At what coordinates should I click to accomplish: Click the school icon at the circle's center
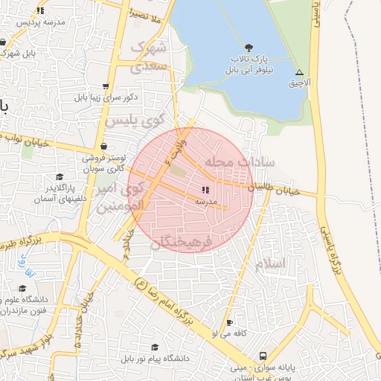[205, 190]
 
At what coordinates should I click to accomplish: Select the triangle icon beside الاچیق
[299, 73]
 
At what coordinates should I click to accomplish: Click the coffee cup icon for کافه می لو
[229, 322]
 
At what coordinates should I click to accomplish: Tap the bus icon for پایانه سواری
[263, 356]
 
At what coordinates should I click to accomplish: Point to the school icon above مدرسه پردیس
[40, 10]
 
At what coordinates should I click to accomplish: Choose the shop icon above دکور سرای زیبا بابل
[106, 86]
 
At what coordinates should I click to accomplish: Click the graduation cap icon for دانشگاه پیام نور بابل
[155, 348]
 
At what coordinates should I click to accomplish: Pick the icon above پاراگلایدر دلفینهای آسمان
[60, 177]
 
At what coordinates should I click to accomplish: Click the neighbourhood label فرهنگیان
[182, 243]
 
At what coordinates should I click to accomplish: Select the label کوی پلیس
[133, 121]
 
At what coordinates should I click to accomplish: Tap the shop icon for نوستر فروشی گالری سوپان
[103, 147]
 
